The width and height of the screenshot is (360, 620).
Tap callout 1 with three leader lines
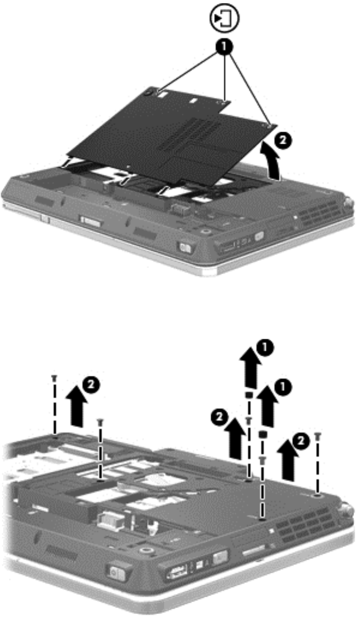[224, 47]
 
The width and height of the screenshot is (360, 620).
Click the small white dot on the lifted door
[129, 166]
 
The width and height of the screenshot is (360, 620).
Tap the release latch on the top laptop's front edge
[185, 248]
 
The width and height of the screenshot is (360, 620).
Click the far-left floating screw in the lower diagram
[54, 379]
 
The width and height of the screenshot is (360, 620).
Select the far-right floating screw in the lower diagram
[317, 436]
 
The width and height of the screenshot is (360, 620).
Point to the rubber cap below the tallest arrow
[249, 395]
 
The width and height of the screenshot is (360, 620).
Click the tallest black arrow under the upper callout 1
[251, 370]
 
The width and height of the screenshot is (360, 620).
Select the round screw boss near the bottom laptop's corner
[147, 551]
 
